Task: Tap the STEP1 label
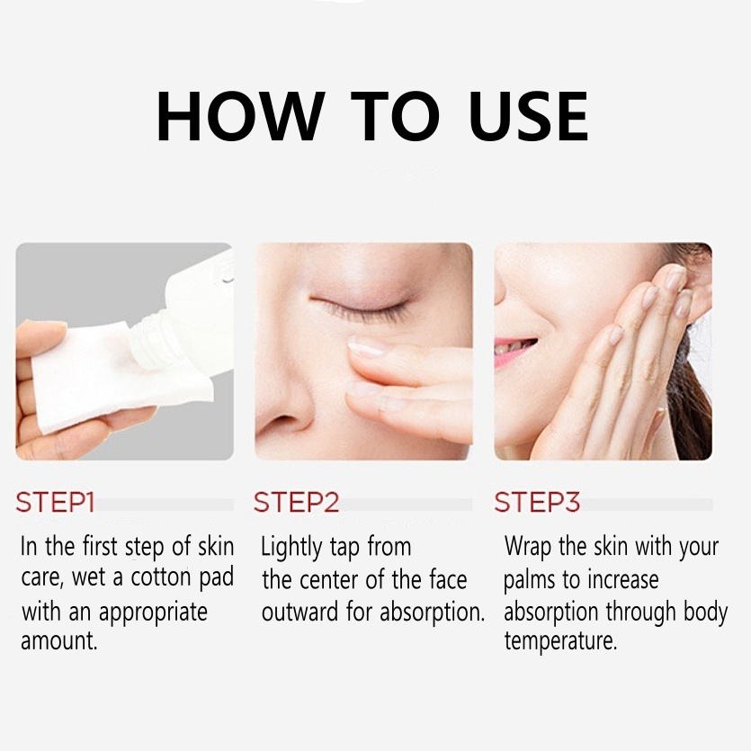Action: tap(55, 502)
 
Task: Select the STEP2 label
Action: tap(296, 502)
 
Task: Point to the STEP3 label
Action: tap(537, 502)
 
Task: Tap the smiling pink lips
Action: tap(515, 347)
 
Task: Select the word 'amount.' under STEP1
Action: tap(60, 642)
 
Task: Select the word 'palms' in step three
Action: tap(530, 580)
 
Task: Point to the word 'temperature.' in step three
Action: tap(560, 642)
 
